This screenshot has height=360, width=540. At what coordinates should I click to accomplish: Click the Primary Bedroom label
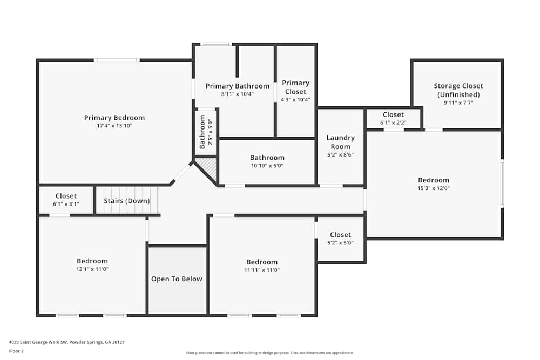114,118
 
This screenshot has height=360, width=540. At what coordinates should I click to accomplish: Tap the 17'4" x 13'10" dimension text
114,126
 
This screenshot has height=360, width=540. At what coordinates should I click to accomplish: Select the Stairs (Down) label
127,201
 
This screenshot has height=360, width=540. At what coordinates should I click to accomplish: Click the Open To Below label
177,279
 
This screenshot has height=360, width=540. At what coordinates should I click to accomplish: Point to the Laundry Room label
340,142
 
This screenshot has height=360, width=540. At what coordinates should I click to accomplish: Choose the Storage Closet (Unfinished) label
458,90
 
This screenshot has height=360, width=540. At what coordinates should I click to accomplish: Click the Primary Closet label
296,87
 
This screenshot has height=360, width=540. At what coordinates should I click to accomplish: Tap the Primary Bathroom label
238,86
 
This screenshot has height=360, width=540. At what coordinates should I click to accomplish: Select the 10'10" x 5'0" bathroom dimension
267,166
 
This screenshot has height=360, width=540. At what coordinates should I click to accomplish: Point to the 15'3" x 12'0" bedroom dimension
434,188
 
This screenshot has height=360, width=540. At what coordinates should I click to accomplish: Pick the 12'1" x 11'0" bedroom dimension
92,269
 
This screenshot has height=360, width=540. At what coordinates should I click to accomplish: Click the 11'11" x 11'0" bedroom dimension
262,270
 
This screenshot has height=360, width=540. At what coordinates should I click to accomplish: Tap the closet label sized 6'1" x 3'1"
66,196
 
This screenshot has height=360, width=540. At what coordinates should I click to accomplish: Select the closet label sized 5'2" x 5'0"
340,235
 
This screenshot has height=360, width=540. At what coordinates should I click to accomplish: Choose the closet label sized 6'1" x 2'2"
393,114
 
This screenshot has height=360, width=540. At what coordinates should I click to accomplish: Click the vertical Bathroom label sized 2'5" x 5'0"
202,132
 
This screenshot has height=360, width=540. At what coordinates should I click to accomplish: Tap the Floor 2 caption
16,351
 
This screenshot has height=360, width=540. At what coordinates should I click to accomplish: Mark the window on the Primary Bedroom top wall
117,60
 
